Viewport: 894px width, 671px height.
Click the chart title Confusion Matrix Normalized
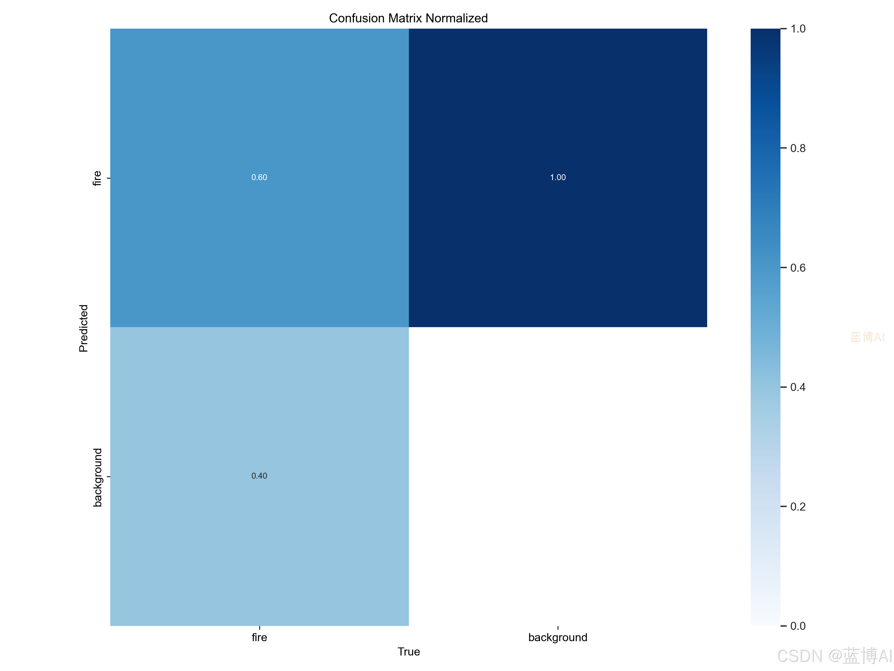click(x=408, y=18)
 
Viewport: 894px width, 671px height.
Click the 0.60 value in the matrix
click(x=259, y=177)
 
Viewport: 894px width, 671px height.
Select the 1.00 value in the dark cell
click(x=558, y=177)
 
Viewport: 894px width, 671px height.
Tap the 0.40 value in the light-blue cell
click(x=259, y=476)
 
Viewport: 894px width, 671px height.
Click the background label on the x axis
click(x=558, y=638)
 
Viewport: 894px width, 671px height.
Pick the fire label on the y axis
click(x=97, y=178)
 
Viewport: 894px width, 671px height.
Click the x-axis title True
click(x=409, y=652)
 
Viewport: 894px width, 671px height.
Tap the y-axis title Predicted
click(x=83, y=328)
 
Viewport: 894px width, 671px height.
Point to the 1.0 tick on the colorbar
click(x=798, y=29)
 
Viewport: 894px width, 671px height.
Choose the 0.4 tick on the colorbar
click(x=798, y=387)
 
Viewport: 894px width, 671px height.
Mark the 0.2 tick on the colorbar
click(x=798, y=507)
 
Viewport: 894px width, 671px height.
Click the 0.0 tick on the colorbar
click(x=798, y=626)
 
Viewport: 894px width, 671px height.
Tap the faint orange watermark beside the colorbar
click(x=867, y=337)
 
